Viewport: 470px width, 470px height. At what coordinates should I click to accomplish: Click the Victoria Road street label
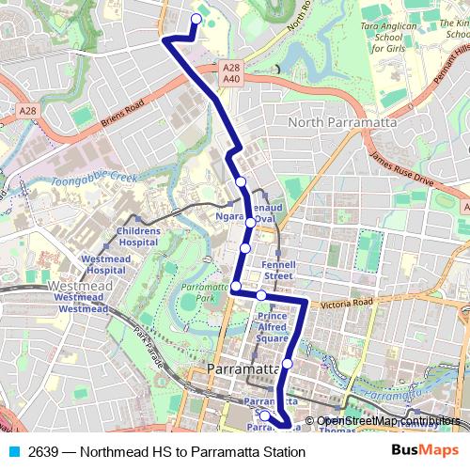tap(347, 303)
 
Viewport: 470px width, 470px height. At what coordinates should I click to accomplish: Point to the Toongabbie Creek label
tap(94, 176)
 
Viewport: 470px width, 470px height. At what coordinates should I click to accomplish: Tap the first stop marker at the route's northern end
tap(196, 18)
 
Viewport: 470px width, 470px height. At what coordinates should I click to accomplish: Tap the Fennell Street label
tap(278, 270)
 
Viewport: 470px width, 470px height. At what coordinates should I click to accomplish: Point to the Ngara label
tap(229, 214)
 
